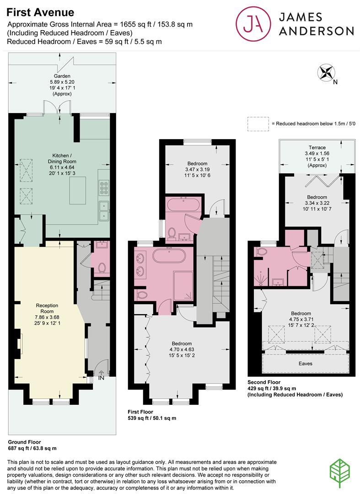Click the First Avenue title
pyautogui.click(x=40, y=12)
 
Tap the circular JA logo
pyautogui.click(x=253, y=24)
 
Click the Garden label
pyautogui.click(x=62, y=76)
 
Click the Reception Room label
pyautogui.click(x=47, y=308)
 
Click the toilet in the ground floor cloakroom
pyautogui.click(x=102, y=268)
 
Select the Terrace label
pyautogui.click(x=317, y=147)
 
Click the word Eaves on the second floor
pyautogui.click(x=305, y=364)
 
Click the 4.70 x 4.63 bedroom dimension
pyautogui.click(x=182, y=349)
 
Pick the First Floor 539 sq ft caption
pyautogui.click(x=152, y=415)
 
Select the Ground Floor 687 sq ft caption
pyautogui.click(x=32, y=445)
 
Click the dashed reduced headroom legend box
pyautogui.click(x=258, y=124)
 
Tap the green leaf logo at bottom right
pyautogui.click(x=339, y=473)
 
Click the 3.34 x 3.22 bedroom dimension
pyautogui.click(x=317, y=203)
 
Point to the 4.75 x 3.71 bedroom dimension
pyautogui.click(x=301, y=319)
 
